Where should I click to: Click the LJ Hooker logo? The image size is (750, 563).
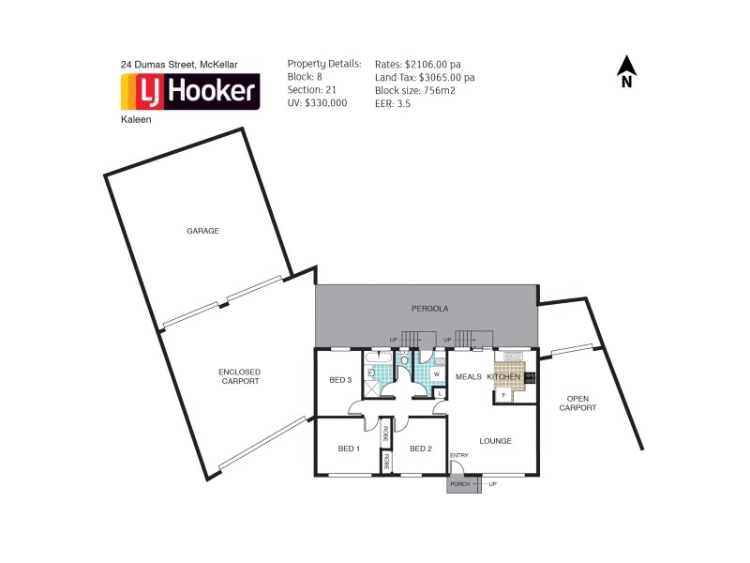(x=190, y=92)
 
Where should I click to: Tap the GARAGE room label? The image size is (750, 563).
(x=202, y=230)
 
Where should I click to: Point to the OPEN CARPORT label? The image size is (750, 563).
(x=577, y=403)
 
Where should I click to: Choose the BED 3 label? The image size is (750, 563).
(x=340, y=380)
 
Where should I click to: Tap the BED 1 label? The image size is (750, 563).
(x=349, y=449)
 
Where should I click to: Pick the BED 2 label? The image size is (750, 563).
(x=420, y=449)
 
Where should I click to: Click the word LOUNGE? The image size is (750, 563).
(x=494, y=439)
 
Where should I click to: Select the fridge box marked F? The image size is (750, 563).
(x=503, y=395)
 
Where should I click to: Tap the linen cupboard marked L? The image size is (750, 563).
(x=439, y=393)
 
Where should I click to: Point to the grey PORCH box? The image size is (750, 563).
(x=459, y=483)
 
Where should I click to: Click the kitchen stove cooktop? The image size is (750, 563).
(x=530, y=378)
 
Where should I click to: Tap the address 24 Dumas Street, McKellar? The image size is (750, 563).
(x=179, y=64)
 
